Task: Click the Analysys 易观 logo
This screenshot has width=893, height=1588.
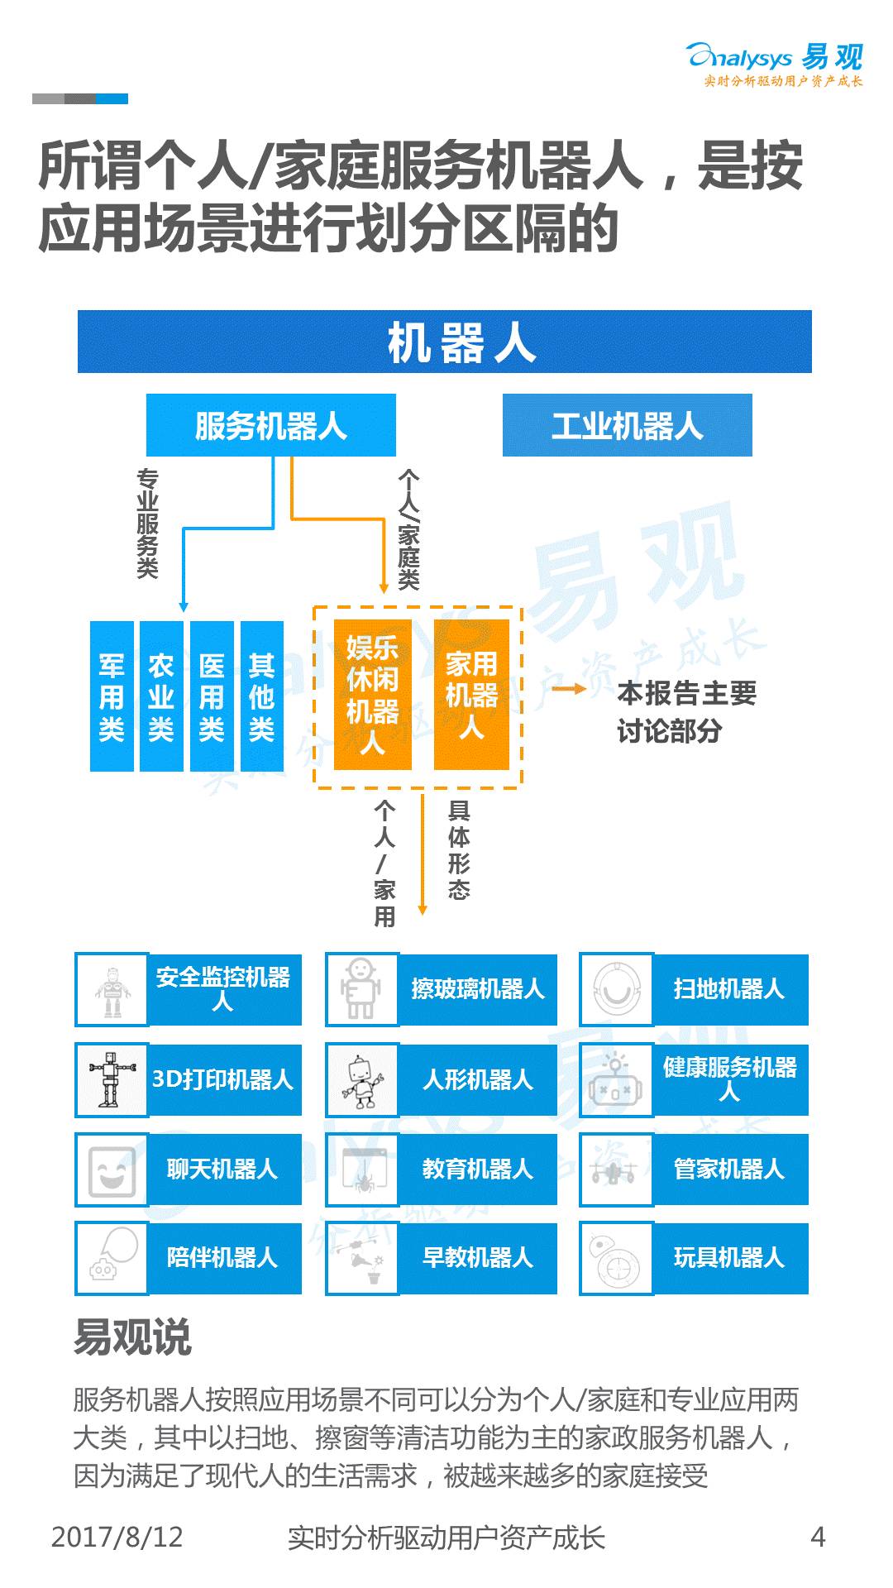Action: (x=775, y=63)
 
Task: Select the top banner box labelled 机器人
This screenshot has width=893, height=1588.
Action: (x=445, y=342)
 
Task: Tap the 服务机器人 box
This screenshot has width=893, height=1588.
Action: (x=271, y=425)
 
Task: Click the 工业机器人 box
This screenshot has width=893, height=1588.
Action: (x=627, y=425)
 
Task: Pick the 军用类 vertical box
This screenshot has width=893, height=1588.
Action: (x=112, y=696)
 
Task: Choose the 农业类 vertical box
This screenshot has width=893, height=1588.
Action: (x=161, y=696)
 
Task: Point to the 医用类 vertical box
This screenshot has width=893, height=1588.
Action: (x=212, y=696)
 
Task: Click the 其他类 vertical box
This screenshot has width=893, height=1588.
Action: (x=261, y=696)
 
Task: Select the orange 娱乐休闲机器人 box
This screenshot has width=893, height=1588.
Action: (x=372, y=695)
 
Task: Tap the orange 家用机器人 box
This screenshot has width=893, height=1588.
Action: (x=471, y=695)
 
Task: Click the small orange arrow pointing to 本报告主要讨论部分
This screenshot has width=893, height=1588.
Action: (x=569, y=689)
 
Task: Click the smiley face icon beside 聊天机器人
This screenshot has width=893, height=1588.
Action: (x=112, y=1169)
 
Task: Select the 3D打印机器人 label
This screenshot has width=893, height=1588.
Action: (x=223, y=1079)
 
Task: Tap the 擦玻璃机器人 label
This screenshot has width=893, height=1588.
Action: (x=478, y=989)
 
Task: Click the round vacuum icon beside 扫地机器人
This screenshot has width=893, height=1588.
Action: (x=616, y=989)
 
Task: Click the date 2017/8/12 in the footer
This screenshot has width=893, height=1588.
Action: (x=117, y=1537)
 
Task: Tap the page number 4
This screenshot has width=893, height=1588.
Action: (x=818, y=1537)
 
